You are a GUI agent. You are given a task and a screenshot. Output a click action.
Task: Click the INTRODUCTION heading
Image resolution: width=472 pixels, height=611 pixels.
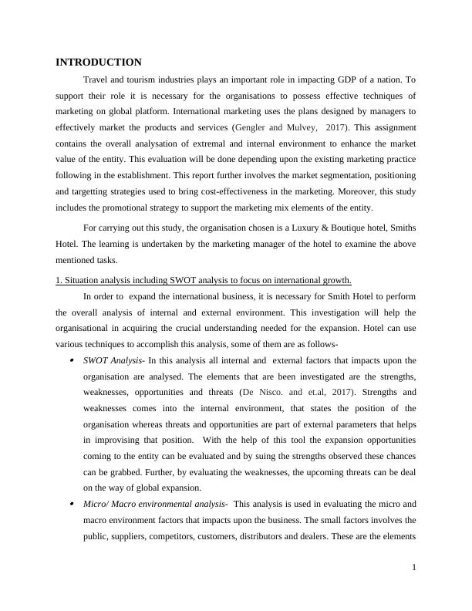99,62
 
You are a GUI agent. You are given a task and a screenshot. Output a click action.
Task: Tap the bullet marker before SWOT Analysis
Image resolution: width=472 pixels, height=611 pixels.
72,360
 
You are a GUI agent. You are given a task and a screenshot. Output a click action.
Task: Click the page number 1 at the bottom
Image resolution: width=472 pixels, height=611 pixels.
414,567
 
